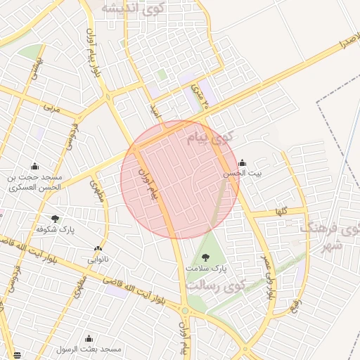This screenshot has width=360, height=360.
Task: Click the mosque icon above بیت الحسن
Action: point(243,162)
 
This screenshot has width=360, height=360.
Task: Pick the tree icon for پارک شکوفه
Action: point(56,219)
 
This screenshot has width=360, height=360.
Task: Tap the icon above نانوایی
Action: point(98,248)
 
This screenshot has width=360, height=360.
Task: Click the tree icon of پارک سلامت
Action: point(205,257)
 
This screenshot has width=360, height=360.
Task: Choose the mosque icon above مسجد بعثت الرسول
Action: point(89,338)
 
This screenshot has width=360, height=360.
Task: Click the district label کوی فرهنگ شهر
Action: point(330,236)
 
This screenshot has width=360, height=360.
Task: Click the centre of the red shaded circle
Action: point(180,179)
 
